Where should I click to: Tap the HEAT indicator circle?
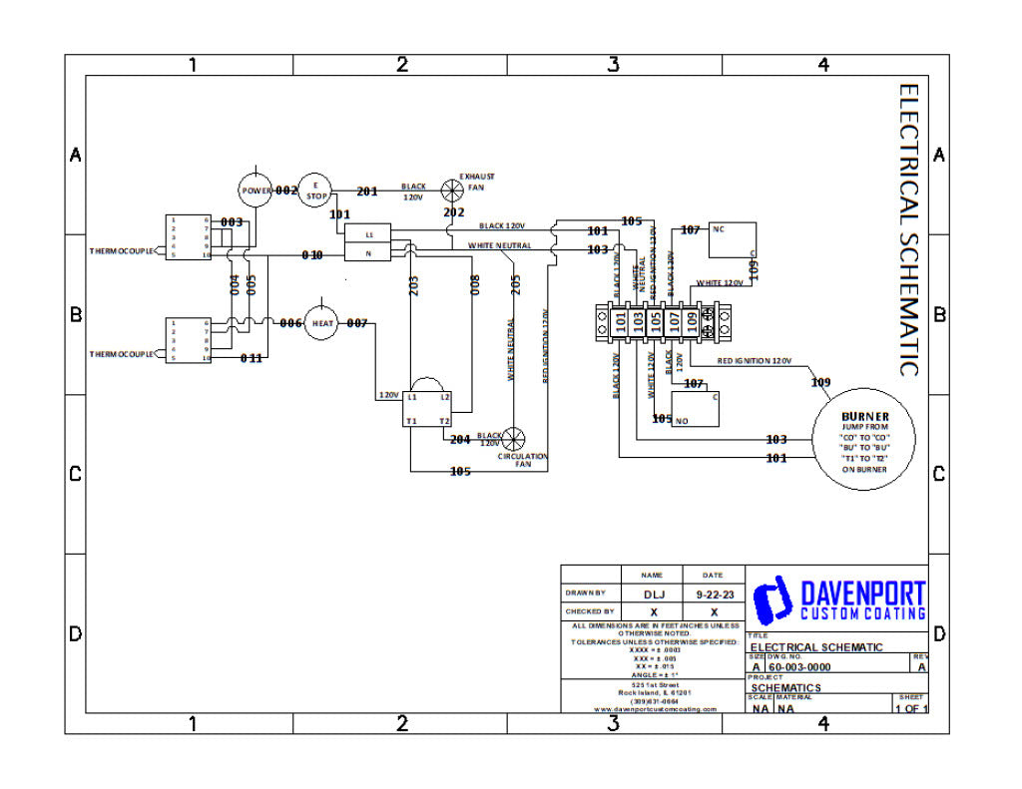pos(322,323)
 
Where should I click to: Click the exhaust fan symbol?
pos(454,191)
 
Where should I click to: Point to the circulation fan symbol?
pos(515,439)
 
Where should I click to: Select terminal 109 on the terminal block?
pos(691,322)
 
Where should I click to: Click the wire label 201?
pos(367,192)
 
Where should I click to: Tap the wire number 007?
pos(357,323)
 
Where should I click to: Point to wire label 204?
pos(460,439)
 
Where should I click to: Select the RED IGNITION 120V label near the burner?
pos(754,360)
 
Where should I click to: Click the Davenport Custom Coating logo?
pos(838,598)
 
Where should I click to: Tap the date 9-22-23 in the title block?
pos(714,593)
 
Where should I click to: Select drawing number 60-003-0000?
pos(799,667)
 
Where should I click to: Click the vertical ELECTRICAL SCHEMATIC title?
pos(909,229)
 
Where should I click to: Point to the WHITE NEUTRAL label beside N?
pos(499,245)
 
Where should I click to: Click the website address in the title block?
pos(655,709)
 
